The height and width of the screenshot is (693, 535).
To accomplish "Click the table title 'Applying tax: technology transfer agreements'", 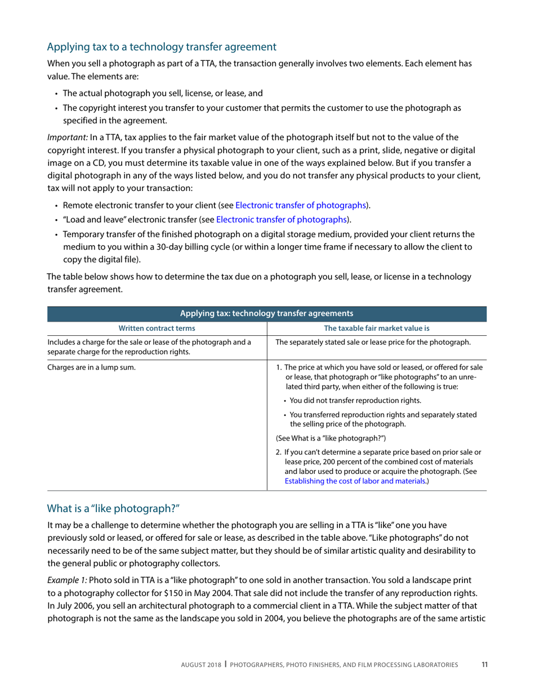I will pos(266,313).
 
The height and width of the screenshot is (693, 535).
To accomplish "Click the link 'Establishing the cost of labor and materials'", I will pos(355,481).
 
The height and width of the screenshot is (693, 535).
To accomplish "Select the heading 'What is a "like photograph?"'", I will pos(113,509).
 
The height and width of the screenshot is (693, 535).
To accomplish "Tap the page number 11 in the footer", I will pos(484,665).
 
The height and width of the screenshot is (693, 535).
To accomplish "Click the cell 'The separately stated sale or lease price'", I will pos(373,342).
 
